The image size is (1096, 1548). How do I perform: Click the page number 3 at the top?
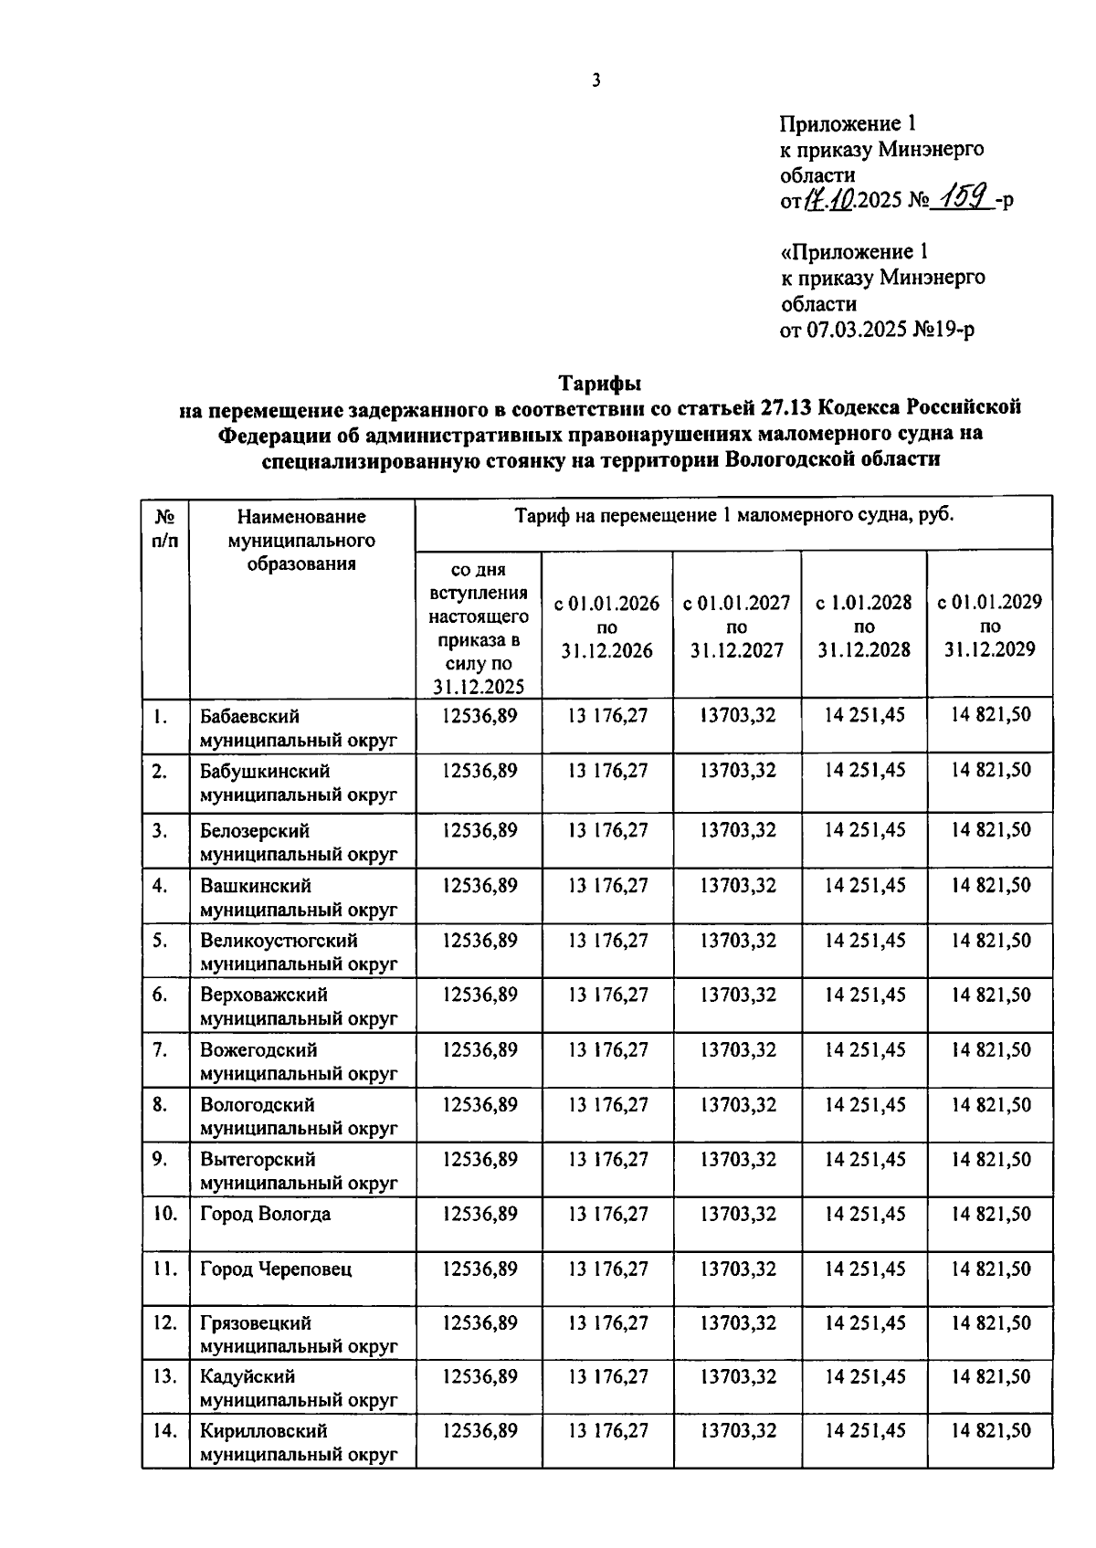pyautogui.click(x=595, y=81)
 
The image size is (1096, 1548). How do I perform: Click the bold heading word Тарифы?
pyautogui.click(x=600, y=382)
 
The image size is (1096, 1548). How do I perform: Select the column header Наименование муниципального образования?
pyautogui.click(x=301, y=541)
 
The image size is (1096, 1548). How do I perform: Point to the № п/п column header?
pyautogui.click(x=165, y=528)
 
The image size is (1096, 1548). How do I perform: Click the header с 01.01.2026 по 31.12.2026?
pyautogui.click(x=607, y=627)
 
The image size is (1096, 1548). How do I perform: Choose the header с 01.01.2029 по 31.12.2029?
pyautogui.click(x=990, y=627)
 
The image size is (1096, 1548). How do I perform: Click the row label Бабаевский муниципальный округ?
pyautogui.click(x=299, y=728)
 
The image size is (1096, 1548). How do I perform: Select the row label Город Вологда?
pyautogui.click(x=266, y=1214)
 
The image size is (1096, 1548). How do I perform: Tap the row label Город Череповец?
pyautogui.click(x=276, y=1269)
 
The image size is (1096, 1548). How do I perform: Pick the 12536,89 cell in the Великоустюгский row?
pyautogui.click(x=479, y=940)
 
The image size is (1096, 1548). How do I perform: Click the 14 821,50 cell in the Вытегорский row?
pyautogui.click(x=990, y=1159)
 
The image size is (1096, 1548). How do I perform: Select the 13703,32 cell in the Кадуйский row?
pyautogui.click(x=737, y=1376)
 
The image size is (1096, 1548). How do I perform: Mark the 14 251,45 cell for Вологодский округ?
pyautogui.click(x=864, y=1104)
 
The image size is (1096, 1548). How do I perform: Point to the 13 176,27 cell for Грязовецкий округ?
pyautogui.click(x=607, y=1322)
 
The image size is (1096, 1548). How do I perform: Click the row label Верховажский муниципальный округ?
pyautogui.click(x=299, y=1006)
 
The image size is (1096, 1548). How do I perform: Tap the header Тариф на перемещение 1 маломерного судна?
pyautogui.click(x=733, y=515)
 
